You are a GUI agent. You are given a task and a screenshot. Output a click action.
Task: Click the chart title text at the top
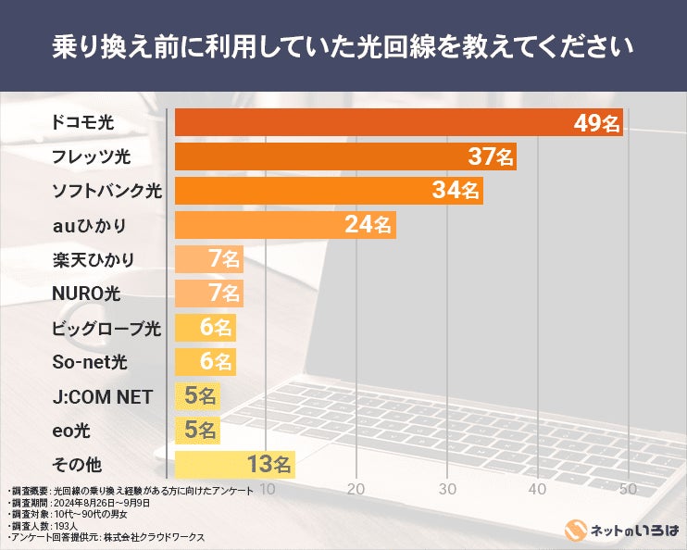coord(343,45)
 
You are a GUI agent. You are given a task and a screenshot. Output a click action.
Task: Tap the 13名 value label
coord(270,464)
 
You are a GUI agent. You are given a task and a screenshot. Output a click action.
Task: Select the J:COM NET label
coord(103,397)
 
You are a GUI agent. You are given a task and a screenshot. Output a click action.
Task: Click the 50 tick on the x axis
coord(629,488)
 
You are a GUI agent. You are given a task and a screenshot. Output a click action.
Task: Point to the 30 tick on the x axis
coord(447,488)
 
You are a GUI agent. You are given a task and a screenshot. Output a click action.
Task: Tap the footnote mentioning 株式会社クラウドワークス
coord(106,536)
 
